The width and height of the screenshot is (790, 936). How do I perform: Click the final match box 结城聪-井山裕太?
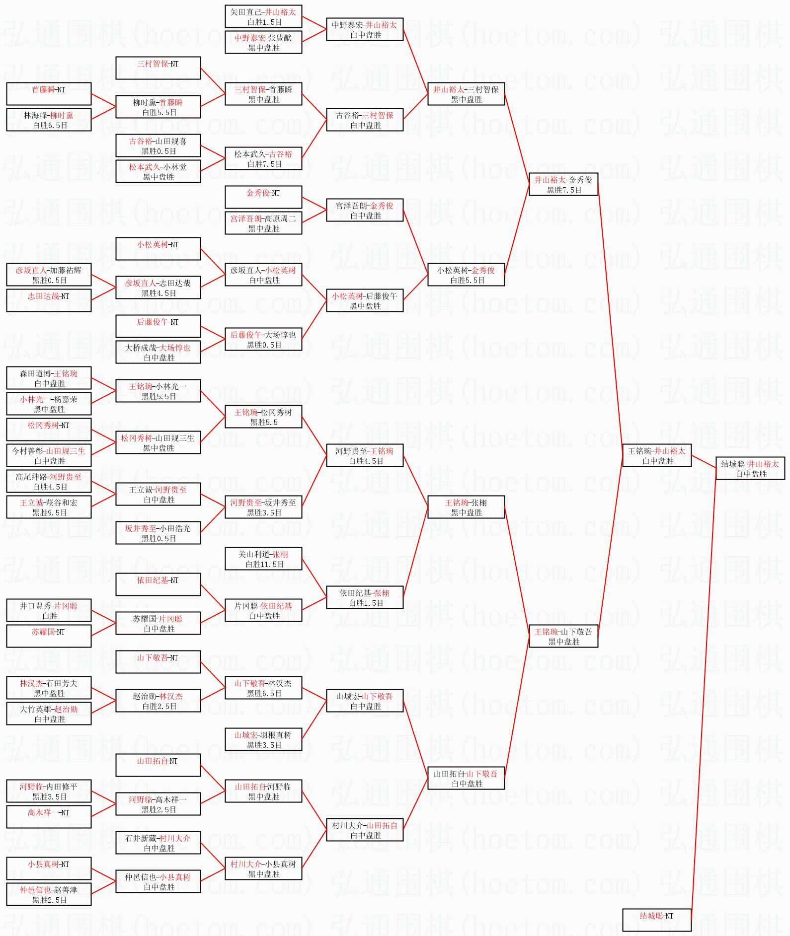750,468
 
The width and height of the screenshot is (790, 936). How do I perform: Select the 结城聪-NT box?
656,920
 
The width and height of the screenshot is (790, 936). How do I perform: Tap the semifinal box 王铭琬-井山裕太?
657,455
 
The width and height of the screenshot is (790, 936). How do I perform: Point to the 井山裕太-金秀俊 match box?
563,184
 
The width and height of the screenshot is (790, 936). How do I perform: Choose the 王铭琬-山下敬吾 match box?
563,636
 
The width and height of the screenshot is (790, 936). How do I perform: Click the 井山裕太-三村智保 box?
466,94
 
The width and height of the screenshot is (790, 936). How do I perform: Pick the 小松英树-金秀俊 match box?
466,275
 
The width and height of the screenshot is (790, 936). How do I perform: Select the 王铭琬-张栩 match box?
466,507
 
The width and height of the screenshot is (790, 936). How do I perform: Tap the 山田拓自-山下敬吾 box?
466,778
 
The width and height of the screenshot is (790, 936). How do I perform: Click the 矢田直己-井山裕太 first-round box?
263,16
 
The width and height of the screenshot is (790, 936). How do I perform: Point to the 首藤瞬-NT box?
49,94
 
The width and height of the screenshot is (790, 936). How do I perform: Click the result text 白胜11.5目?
265,565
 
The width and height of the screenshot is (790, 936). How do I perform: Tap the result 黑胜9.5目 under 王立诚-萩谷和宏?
50,513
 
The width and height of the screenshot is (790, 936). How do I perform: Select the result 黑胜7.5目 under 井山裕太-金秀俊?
564,190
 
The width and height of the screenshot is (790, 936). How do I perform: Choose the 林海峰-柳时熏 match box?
49,120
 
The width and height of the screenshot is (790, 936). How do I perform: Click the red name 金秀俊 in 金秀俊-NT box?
257,193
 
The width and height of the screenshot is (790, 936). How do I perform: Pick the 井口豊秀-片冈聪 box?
49,610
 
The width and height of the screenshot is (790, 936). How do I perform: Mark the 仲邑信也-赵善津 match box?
49,894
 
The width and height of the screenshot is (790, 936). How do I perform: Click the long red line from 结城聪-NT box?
703,695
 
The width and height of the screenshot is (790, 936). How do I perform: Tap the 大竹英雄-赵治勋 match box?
49,714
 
